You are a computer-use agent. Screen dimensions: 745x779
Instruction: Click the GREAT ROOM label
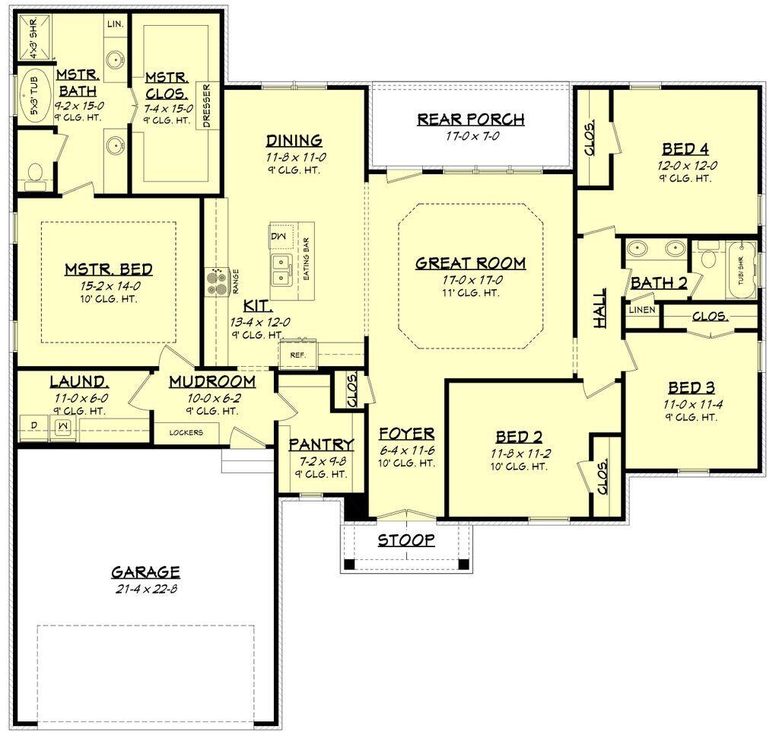pyautogui.click(x=470, y=263)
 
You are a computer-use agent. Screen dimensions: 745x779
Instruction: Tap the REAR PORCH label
pyautogui.click(x=470, y=119)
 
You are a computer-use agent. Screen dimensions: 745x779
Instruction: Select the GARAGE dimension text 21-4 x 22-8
pyautogui.click(x=145, y=588)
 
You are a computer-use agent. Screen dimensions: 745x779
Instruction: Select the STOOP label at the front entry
pyautogui.click(x=406, y=540)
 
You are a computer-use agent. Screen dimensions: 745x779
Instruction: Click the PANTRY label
pyautogui.click(x=321, y=444)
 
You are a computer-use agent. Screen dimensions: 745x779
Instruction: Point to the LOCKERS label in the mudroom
pyautogui.click(x=186, y=433)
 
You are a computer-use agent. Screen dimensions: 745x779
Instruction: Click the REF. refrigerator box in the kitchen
pyautogui.click(x=294, y=354)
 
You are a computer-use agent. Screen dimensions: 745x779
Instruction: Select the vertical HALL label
pyautogui.click(x=600, y=307)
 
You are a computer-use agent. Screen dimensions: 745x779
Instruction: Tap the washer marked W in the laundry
pyautogui.click(x=63, y=425)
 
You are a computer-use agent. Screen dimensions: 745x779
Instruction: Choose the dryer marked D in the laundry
pyautogui.click(x=33, y=425)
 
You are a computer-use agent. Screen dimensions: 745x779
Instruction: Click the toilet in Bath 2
pyautogui.click(x=707, y=259)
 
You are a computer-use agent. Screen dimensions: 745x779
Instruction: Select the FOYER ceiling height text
pyautogui.click(x=406, y=466)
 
